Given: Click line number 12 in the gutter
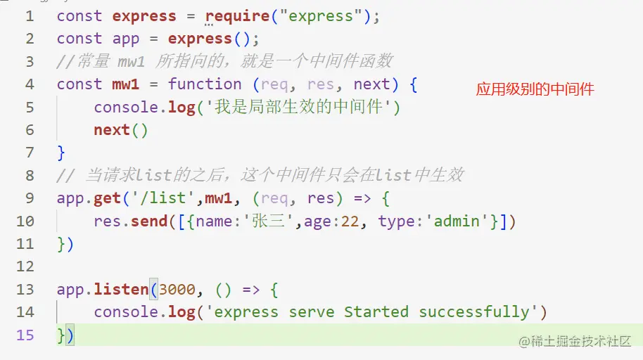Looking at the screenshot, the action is (25, 266).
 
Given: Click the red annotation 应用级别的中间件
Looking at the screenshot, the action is (535, 89).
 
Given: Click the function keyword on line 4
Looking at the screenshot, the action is (204, 84).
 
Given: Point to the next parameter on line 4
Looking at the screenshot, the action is (371, 84).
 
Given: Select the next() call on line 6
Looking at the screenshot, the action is (121, 130).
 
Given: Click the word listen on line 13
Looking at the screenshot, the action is (121, 289).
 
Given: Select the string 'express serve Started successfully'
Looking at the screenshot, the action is (371, 311).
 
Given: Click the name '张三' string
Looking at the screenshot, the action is (270, 221).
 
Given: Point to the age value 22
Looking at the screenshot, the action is (350, 221).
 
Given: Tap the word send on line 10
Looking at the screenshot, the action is (149, 221).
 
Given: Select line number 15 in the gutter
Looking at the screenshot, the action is (25, 335).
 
